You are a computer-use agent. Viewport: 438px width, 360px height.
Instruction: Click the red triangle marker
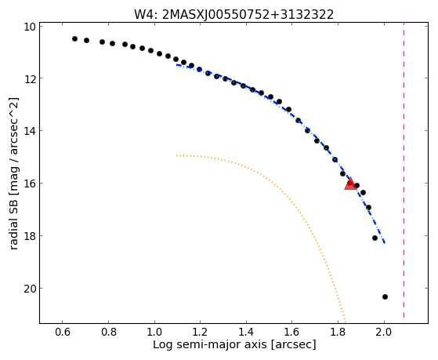350,184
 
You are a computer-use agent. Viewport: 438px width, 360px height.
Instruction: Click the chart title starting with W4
233,15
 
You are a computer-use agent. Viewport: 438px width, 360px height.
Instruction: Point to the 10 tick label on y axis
30,27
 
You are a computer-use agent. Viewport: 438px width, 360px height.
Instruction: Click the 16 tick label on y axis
30,184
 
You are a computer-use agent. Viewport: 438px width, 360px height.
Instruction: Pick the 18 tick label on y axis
30,236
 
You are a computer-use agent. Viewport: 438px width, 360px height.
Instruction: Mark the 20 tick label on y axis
30,289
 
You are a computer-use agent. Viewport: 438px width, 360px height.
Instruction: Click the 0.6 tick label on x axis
63,332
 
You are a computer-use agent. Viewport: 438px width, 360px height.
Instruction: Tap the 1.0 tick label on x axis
154,332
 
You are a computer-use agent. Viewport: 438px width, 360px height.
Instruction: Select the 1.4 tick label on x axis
246,332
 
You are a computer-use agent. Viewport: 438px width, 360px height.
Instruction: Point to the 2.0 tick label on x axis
384,332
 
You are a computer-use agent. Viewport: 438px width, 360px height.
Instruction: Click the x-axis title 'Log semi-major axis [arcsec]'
234,344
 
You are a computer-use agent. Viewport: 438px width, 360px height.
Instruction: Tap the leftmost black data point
74,39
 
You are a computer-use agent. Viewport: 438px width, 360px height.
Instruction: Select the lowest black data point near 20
385,296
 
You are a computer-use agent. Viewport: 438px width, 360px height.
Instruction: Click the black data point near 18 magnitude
375,238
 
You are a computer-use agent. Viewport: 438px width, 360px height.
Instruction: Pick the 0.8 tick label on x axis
109,332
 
